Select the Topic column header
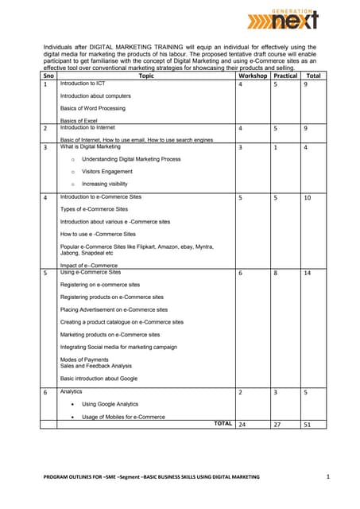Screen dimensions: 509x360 coord(146,76)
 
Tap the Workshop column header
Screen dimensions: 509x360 coord(252,76)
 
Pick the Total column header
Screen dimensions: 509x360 coord(313,76)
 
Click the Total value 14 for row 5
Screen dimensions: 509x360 coord(308,273)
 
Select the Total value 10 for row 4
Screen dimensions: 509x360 coord(308,197)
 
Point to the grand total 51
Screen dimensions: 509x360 coord(308,425)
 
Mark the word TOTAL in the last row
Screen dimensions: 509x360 coord(223,424)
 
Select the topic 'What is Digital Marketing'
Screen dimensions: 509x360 coord(91,146)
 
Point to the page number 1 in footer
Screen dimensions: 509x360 coord(328,476)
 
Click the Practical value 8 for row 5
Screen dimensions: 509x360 coord(275,273)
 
